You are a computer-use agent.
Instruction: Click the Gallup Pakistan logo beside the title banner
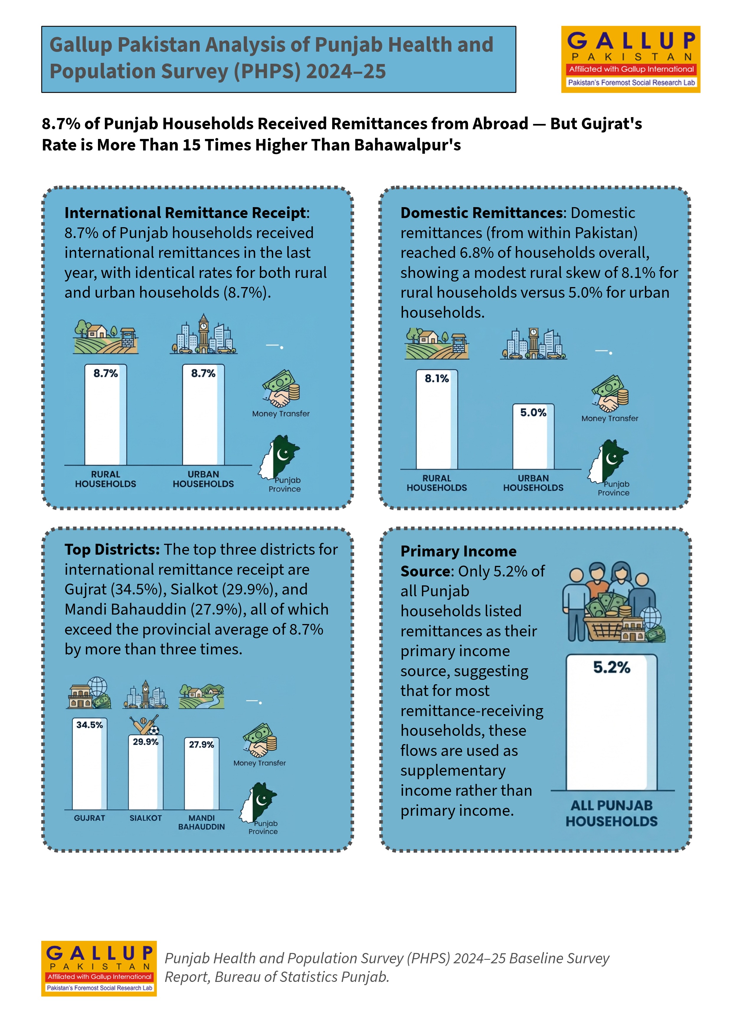coord(631,60)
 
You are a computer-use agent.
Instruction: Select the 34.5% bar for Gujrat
coord(90,764)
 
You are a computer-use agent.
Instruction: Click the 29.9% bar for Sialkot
coord(145,772)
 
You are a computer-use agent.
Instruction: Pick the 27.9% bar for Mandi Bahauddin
coord(202,774)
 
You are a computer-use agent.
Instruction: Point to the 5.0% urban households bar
coord(533,436)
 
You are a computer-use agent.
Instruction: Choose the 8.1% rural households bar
coord(437,419)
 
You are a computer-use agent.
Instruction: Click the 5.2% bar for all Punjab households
coord(612,722)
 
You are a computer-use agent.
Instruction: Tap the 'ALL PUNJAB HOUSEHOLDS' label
coord(612,813)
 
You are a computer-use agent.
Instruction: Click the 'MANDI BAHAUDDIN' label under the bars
coord(202,822)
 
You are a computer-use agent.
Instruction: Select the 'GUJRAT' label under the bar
coord(90,818)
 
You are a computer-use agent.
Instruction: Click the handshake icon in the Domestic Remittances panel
coord(610,394)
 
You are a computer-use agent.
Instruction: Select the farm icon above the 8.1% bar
coord(437,343)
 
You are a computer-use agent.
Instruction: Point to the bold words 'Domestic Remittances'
coord(482,212)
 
